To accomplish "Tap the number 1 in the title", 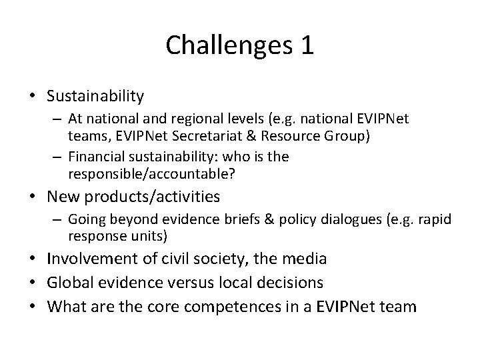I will (x=306, y=45).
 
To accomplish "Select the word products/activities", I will (x=149, y=197).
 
